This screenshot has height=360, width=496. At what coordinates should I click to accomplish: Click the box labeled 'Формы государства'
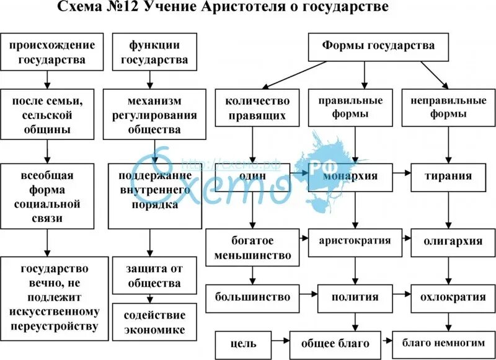[x=378, y=46]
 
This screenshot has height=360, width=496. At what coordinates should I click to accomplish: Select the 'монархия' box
[x=350, y=177]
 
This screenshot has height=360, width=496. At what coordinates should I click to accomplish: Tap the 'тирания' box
[x=448, y=177]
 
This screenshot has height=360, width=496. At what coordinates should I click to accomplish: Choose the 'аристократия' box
[x=355, y=241]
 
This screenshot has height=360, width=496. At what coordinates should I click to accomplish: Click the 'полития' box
[x=355, y=297]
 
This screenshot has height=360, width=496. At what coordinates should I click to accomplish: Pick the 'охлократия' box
[x=449, y=297]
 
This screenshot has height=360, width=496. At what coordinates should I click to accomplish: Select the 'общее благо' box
[x=335, y=343]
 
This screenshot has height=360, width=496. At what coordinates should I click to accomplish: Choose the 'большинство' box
[x=253, y=297]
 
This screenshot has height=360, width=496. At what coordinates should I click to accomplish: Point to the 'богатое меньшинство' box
[x=253, y=247]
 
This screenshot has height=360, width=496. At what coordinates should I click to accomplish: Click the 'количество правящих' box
[x=254, y=107]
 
